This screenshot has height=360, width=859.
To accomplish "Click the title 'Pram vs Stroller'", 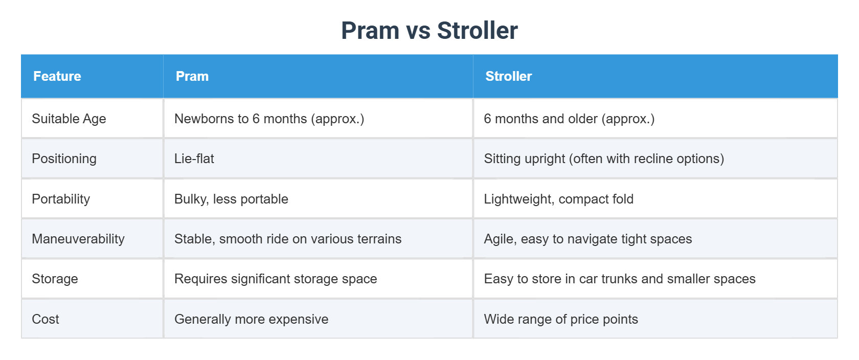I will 429,31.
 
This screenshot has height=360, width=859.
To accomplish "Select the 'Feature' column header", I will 57,76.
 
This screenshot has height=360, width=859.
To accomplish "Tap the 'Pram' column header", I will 192,76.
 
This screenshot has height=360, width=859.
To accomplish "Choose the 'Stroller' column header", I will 508,76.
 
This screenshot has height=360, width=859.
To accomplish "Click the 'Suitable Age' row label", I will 69,119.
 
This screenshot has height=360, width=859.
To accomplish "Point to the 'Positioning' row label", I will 64,159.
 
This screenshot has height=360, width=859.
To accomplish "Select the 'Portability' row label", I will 61,199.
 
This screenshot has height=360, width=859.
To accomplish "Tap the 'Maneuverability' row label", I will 78,239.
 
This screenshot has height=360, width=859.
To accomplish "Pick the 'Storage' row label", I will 55,279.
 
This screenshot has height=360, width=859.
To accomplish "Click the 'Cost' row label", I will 46,319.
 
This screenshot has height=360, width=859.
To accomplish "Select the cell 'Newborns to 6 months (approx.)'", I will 269,119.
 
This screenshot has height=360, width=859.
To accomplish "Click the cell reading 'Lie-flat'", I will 194,159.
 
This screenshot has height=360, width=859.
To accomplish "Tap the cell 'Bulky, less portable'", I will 231,199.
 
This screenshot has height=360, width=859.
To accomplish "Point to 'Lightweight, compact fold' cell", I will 558,199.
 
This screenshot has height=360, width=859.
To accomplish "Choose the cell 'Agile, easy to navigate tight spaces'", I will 587,239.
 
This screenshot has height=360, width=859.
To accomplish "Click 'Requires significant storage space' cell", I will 276,279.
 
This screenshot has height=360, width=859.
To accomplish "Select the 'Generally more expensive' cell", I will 251,319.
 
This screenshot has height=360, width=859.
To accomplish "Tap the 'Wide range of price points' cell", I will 561,319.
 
